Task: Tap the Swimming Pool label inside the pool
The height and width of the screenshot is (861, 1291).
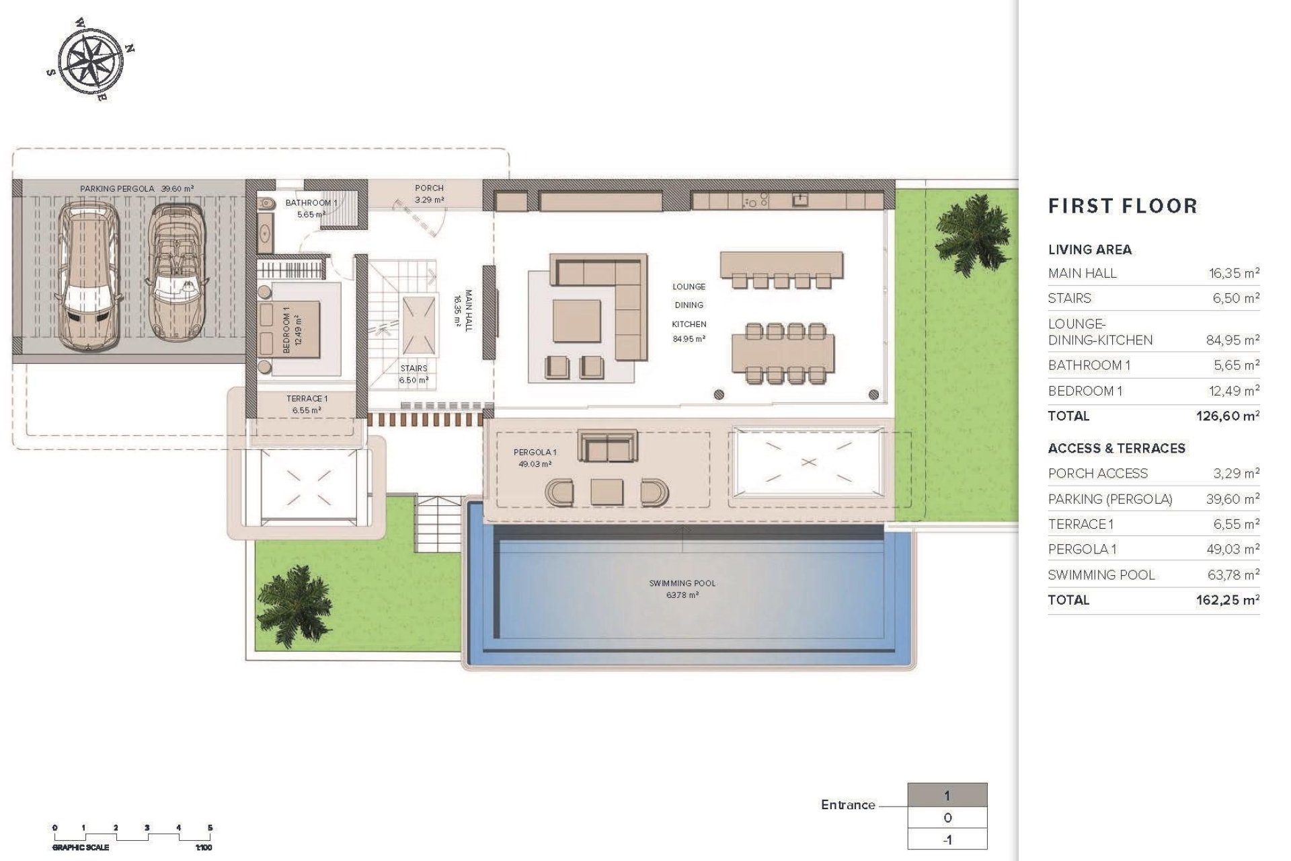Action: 682,589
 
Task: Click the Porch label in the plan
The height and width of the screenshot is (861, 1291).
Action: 429,194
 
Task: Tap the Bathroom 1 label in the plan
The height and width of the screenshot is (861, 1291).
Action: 311,208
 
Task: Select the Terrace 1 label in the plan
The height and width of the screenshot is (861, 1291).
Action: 307,404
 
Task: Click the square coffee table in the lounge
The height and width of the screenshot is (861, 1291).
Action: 576,321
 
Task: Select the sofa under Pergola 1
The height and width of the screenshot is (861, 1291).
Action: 609,447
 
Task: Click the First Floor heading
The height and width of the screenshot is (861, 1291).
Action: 1122,206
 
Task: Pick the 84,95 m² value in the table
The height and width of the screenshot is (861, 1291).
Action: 1232,340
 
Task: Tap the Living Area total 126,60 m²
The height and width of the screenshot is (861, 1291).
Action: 1227,416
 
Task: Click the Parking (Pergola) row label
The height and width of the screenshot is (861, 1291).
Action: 1109,499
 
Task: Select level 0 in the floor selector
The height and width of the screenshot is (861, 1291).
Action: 947,818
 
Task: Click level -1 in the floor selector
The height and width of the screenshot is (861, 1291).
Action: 947,839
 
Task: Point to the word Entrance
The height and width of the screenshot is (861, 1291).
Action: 848,804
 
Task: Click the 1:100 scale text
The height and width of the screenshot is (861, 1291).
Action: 203,848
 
